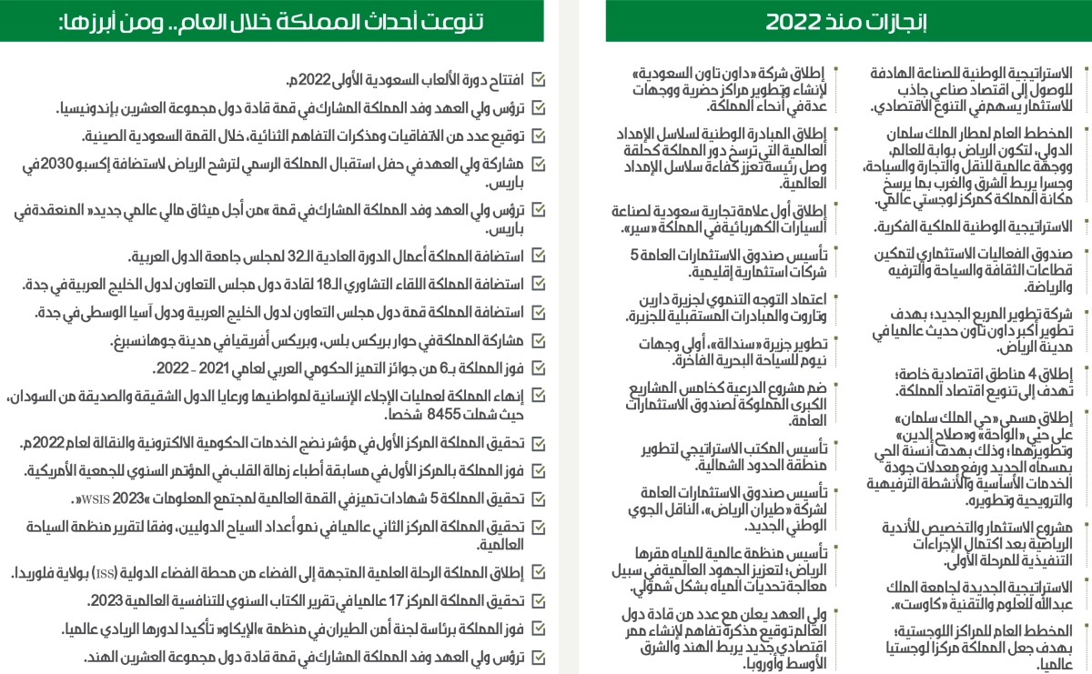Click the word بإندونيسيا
(x=95, y=109)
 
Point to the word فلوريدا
(x=37, y=574)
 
